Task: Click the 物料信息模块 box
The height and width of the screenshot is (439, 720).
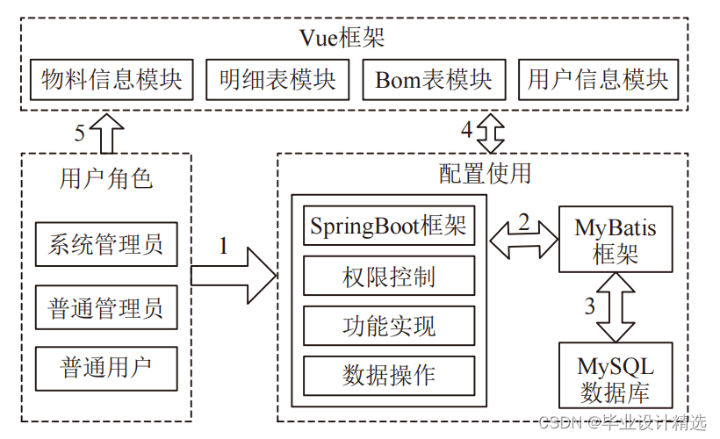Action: (112, 80)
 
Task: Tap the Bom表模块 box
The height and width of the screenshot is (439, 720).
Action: (434, 80)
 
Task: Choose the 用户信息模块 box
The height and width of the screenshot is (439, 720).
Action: (598, 80)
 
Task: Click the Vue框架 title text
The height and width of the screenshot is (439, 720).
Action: (342, 38)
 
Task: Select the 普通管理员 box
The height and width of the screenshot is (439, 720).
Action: (105, 308)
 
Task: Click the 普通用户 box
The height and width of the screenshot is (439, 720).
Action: (105, 368)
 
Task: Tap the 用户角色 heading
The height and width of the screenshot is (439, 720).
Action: (105, 178)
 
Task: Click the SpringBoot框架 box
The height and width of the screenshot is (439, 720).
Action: (388, 227)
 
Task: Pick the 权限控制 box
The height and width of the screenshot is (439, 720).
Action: (388, 277)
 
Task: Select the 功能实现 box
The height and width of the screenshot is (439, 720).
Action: (388, 326)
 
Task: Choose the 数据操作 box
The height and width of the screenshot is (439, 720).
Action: (388, 375)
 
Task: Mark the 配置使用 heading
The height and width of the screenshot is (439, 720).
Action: (485, 173)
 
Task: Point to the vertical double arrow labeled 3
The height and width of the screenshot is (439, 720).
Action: (615, 306)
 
